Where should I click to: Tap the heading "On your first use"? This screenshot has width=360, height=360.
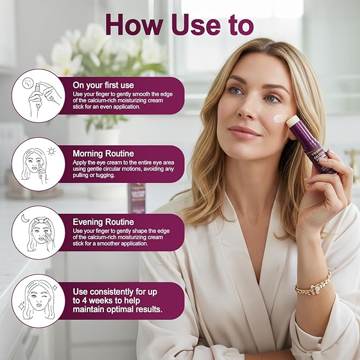tap(103, 84)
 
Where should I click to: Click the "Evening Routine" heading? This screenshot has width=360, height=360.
tap(103, 222)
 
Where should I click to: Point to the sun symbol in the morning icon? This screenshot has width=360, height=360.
tap(51, 151)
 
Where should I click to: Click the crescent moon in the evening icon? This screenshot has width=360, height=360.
tap(24, 218)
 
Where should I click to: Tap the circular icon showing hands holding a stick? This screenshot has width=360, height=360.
tap(38, 96)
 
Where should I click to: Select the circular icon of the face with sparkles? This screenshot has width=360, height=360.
tap(38, 301)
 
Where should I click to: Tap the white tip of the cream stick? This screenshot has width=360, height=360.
tap(292, 121)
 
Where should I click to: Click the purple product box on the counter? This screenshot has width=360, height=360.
tap(137, 197)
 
